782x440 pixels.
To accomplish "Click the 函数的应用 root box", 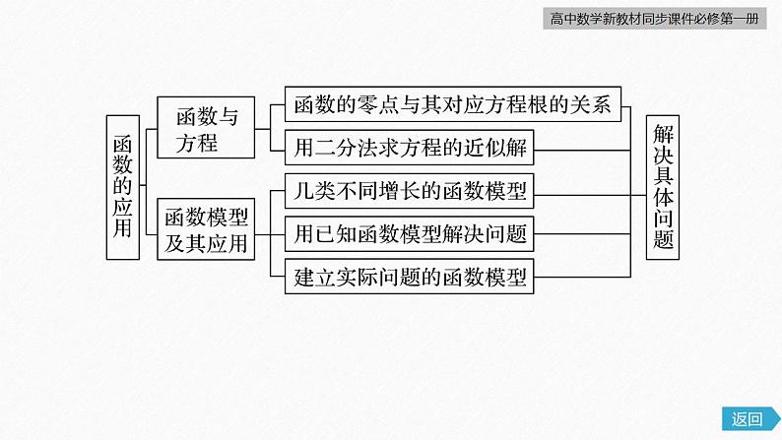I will (x=122, y=186).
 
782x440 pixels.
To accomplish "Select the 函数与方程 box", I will (x=207, y=129).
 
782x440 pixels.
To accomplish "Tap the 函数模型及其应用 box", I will (x=207, y=230).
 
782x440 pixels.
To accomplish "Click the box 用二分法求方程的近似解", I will (x=411, y=149).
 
